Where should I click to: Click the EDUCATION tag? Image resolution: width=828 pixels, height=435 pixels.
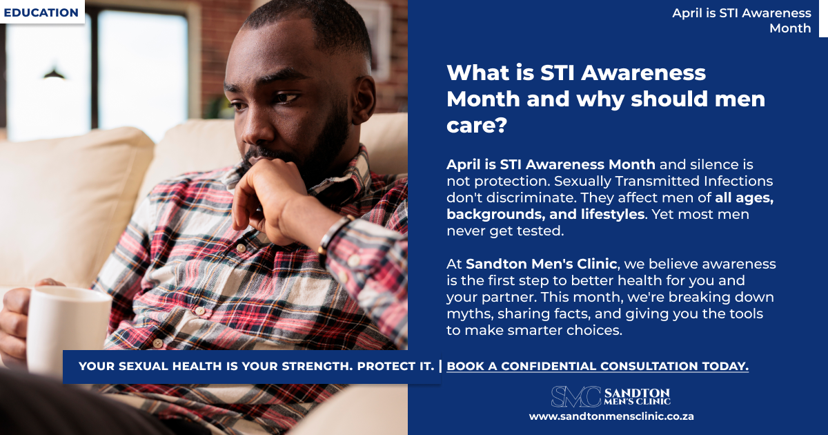(x=41, y=12)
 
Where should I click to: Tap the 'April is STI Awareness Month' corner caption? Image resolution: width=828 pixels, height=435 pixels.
(x=742, y=21)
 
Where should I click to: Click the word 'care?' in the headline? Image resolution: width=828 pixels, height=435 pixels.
(x=477, y=126)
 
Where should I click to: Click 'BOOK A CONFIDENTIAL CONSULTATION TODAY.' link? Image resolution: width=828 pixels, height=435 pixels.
(x=598, y=366)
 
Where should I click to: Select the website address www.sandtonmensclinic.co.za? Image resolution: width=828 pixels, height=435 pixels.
(x=611, y=416)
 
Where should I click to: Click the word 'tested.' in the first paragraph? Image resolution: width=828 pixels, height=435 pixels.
(x=544, y=231)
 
